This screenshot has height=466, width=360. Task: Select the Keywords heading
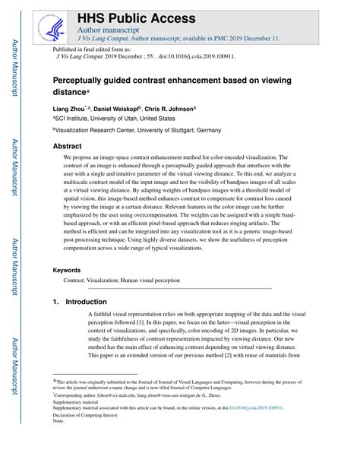(x=68, y=270)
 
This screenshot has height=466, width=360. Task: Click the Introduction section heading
(x=79, y=302)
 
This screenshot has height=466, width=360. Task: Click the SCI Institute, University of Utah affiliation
(x=114, y=119)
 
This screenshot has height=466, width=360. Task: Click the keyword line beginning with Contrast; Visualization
(x=122, y=281)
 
